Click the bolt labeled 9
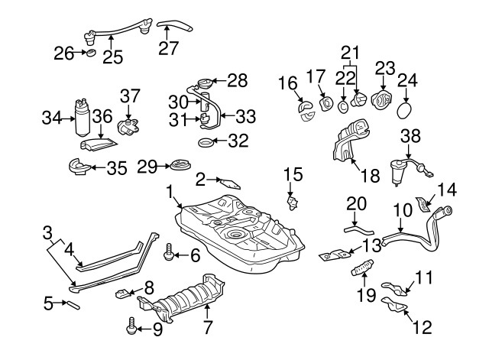pyautogui.click(x=130, y=329)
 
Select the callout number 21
pyautogui.click(x=349, y=52)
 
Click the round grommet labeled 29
pyautogui.click(x=181, y=166)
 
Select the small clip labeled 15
pyautogui.click(x=291, y=203)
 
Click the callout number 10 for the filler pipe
pyautogui.click(x=403, y=209)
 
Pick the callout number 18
pyautogui.click(x=369, y=176)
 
